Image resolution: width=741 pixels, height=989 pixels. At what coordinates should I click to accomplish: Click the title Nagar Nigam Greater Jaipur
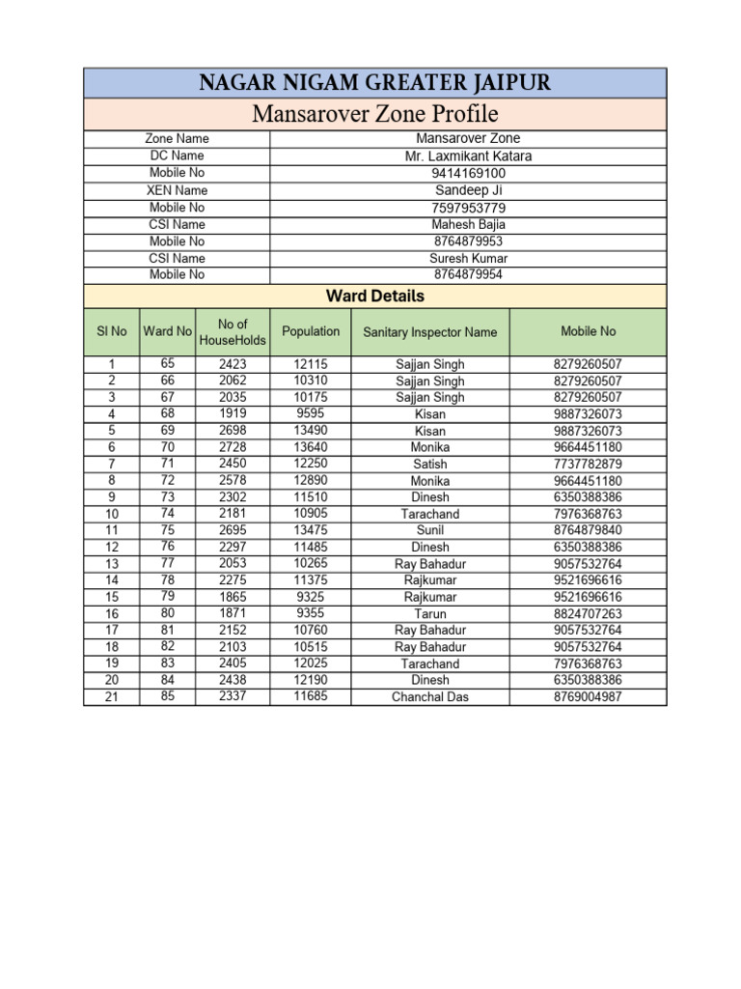pos(374,83)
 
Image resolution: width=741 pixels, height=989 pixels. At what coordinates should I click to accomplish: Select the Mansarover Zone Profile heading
pos(374,115)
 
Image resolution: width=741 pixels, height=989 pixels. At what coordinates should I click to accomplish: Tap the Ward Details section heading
pos(374,296)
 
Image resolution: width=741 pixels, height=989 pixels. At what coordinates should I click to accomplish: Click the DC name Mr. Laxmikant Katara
pos(468,155)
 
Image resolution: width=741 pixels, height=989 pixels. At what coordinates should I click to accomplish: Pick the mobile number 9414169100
pos(468,173)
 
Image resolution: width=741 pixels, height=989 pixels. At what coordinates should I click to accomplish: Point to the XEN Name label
pos(177,190)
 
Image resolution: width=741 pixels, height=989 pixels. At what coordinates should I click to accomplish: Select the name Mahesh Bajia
pos(468,224)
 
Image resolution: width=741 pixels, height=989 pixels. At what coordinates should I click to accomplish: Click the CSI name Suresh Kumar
pos(468,258)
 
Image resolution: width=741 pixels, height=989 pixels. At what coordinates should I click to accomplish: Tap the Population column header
pos(311,331)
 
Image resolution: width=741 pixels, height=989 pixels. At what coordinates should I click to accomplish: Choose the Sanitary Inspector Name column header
pos(430,332)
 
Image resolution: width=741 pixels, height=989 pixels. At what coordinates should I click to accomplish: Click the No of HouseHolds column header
pos(233,332)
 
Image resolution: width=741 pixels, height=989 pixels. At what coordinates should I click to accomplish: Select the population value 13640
pos(311,447)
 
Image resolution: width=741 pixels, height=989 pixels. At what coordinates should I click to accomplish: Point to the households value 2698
pos(233,431)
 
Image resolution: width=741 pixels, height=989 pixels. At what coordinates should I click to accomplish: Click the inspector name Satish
pos(430,465)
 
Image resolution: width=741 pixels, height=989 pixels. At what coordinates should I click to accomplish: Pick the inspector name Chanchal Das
pos(430,696)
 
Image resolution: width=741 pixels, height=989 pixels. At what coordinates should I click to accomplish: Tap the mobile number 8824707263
pos(588,614)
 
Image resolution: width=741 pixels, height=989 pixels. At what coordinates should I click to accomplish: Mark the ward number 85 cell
pos(168,695)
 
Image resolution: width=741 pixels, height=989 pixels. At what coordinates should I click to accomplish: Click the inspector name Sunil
pos(430,530)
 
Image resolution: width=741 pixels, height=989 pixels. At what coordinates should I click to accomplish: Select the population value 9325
pos(311,597)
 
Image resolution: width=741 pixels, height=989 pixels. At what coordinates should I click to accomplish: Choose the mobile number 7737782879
pos(588,465)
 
